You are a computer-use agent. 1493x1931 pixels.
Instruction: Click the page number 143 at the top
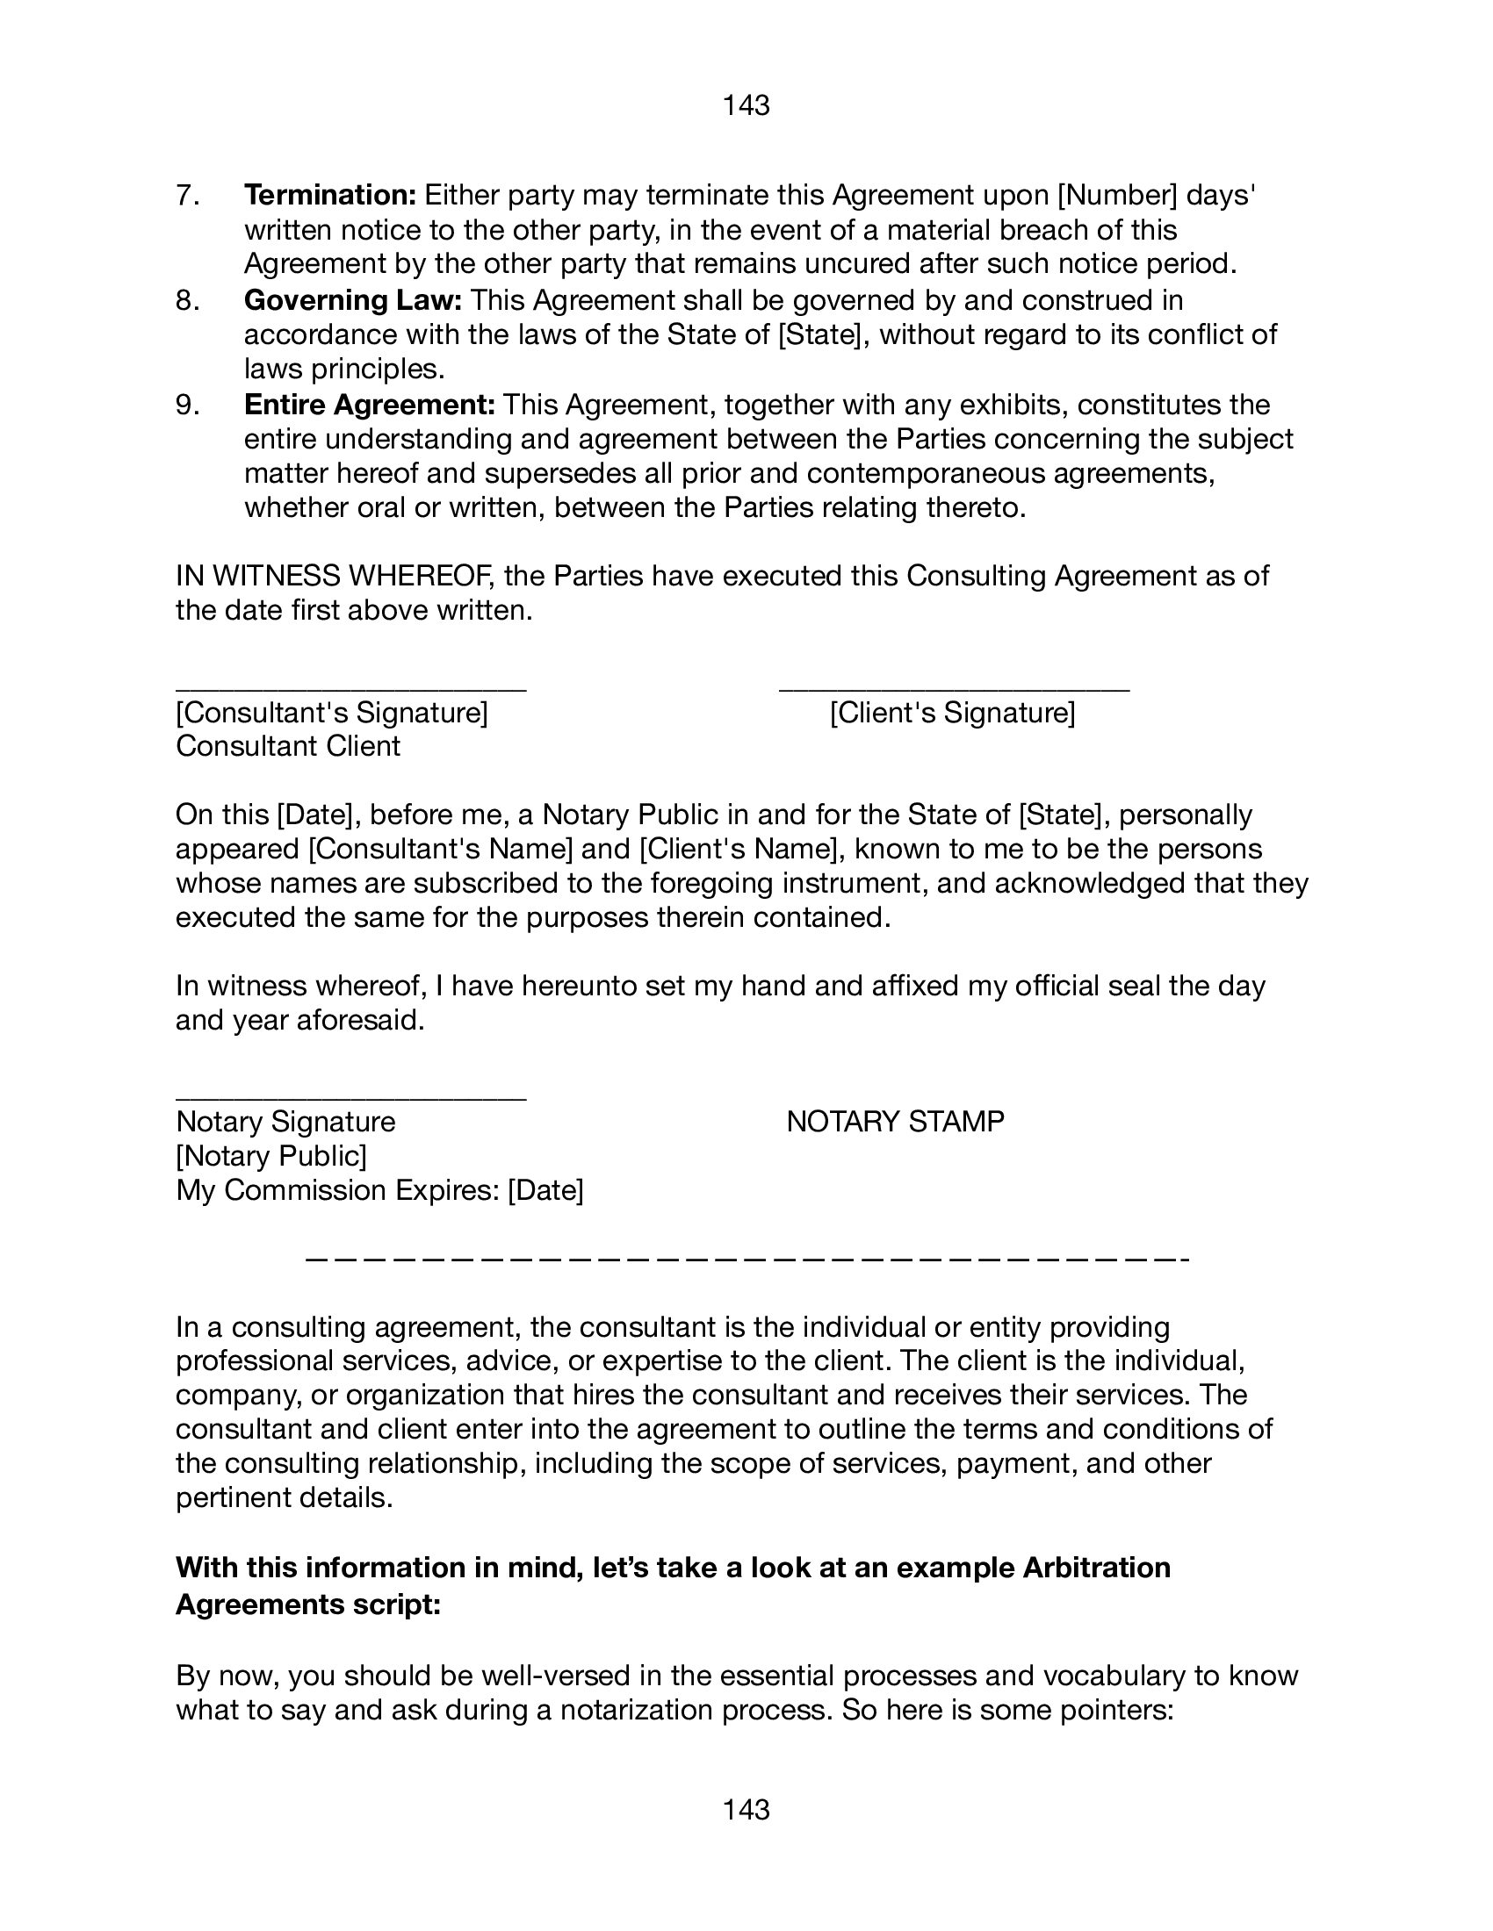tap(746, 106)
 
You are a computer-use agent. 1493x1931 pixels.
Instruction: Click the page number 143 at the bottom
tap(746, 1810)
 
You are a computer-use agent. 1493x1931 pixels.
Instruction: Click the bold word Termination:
tap(330, 195)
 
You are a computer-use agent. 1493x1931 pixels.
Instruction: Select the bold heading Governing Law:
tap(353, 300)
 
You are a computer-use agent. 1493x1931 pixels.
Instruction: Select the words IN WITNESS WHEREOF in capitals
tap(335, 577)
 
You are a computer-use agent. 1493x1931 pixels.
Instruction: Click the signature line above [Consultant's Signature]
tap(351, 688)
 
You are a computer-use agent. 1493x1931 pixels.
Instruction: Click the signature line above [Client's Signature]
tap(954, 688)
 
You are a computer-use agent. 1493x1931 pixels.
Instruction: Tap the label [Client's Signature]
tap(953, 713)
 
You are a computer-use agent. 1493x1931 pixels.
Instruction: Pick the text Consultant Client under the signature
tap(288, 746)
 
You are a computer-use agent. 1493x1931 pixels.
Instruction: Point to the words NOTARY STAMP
tap(895, 1122)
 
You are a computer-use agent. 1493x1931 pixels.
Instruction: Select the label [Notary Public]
tap(271, 1156)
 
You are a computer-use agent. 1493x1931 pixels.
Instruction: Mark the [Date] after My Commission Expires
tap(545, 1191)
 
